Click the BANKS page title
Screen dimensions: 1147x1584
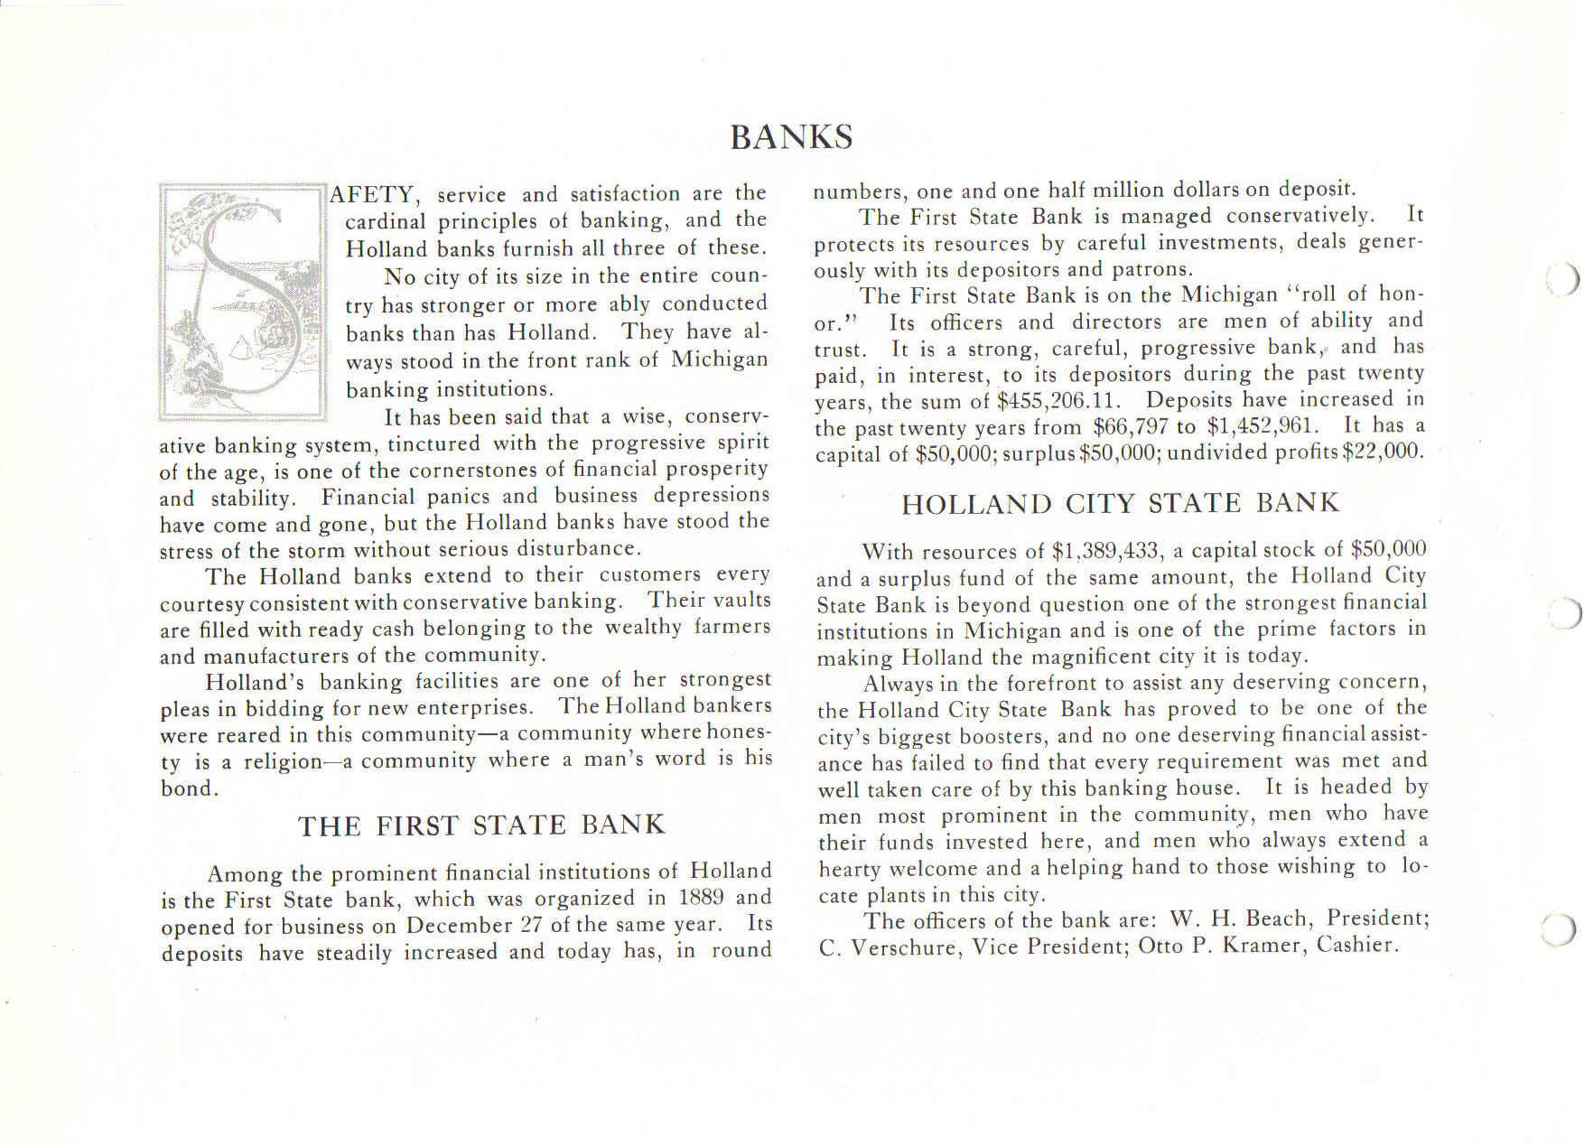click(791, 137)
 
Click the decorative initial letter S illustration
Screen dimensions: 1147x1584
click(242, 302)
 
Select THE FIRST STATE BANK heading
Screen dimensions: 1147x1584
click(481, 825)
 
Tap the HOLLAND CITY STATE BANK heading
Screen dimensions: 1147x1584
click(1120, 503)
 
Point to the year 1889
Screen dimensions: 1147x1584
click(702, 898)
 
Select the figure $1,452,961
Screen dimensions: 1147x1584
click(1263, 425)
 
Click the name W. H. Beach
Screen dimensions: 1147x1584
click(1242, 919)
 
